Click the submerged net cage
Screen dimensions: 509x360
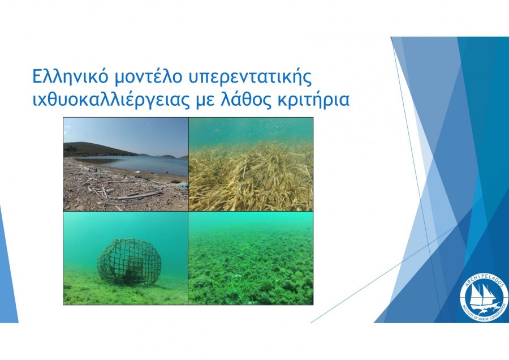(x=129, y=262)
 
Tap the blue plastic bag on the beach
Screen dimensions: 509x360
(x=184, y=186)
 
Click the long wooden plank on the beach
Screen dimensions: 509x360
(x=140, y=195)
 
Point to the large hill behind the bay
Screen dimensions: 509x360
(x=97, y=149)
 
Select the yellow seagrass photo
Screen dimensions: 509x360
(x=251, y=164)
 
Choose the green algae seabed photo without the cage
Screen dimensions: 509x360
(x=251, y=258)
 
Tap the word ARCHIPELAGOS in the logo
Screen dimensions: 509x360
(x=484, y=279)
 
